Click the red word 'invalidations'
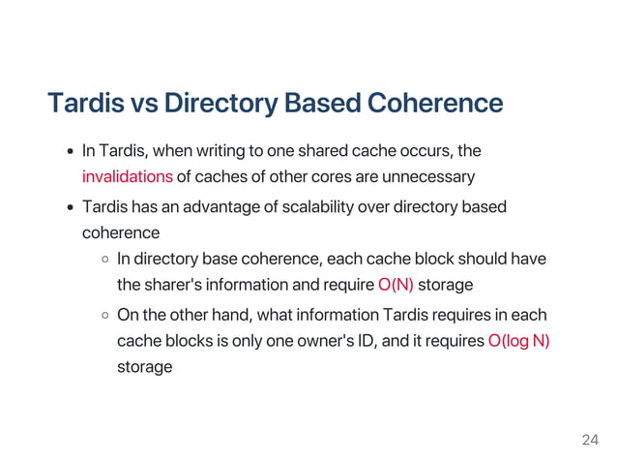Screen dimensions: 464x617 (127, 176)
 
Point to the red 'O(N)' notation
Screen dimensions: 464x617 (396, 285)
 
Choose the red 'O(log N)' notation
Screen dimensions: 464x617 (518, 340)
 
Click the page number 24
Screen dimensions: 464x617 (590, 441)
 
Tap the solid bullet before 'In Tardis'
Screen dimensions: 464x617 (71, 152)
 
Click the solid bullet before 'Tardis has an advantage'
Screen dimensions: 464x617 (71, 208)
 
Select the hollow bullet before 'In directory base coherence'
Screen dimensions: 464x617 (104, 261)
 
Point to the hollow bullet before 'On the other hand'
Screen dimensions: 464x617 (104, 316)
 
